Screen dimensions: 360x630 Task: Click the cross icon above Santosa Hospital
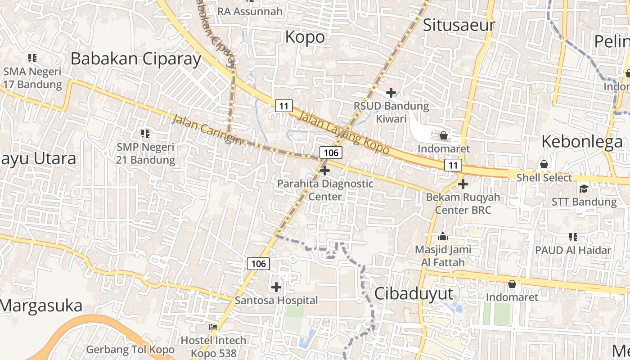click(x=276, y=287)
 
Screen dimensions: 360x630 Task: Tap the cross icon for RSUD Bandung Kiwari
click(x=391, y=93)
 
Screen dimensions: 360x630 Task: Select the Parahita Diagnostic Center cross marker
click(x=325, y=171)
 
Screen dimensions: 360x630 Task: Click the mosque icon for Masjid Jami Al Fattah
click(x=443, y=237)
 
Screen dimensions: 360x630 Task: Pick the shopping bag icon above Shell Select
click(x=544, y=164)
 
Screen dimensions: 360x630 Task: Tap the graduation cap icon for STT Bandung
click(x=584, y=189)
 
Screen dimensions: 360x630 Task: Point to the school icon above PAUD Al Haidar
click(x=573, y=237)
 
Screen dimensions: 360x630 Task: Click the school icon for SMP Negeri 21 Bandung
click(x=145, y=134)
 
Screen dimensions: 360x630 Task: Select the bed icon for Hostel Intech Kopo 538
click(x=213, y=327)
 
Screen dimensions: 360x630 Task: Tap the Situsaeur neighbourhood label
click(x=459, y=25)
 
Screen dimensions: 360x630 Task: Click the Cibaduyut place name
click(x=414, y=294)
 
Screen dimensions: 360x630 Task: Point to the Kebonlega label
click(x=582, y=142)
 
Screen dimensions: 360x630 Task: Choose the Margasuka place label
click(x=41, y=306)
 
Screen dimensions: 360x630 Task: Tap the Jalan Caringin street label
click(x=206, y=130)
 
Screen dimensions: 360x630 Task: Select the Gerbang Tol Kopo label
click(x=130, y=349)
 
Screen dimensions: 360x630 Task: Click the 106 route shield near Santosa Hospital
click(x=258, y=263)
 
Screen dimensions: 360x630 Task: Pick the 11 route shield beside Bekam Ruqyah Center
click(x=453, y=165)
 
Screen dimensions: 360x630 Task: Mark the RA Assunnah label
click(x=250, y=11)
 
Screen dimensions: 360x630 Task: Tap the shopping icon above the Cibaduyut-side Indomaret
click(x=512, y=284)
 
